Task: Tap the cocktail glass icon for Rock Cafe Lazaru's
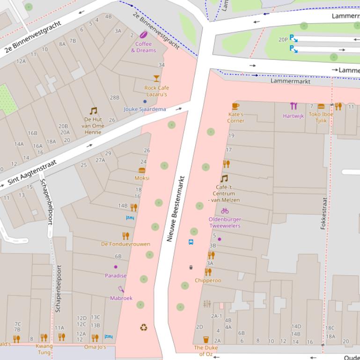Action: click(156, 79)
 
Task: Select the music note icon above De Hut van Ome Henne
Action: click(93, 111)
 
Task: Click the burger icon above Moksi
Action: click(142, 171)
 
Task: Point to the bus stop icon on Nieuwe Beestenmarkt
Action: click(191, 242)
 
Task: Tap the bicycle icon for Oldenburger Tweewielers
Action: click(225, 211)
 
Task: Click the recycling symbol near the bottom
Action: click(143, 327)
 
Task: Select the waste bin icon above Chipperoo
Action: click(191, 267)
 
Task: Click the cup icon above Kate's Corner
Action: click(235, 106)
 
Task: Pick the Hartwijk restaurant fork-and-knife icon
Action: click(294, 106)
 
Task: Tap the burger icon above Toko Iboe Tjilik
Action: click(321, 107)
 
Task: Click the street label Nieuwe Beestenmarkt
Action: click(176, 209)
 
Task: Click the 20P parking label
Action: click(283, 40)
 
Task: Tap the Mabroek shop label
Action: click(121, 298)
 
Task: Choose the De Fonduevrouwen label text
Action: click(125, 244)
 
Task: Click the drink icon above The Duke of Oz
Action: click(206, 339)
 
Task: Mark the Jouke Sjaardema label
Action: click(145, 109)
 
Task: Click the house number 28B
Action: click(114, 98)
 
